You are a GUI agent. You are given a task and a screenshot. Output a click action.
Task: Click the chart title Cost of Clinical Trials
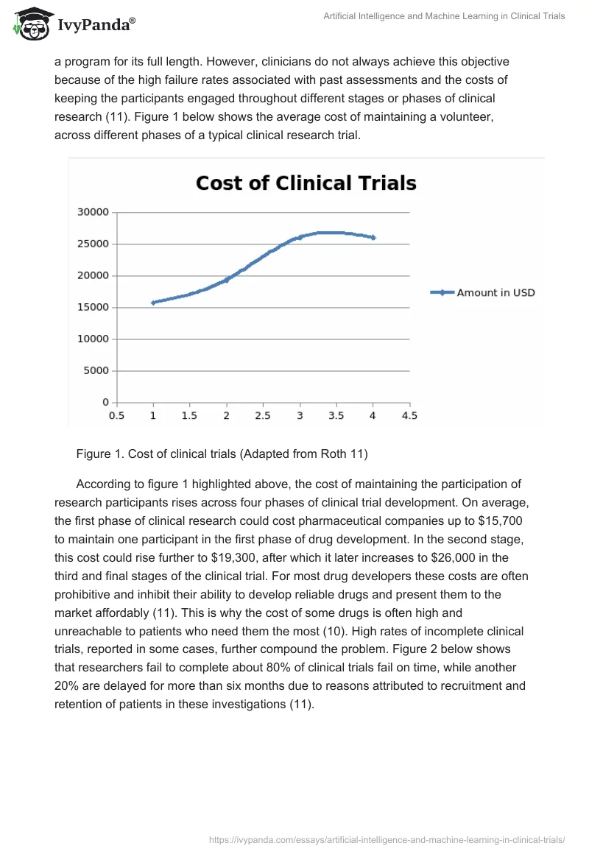(x=306, y=183)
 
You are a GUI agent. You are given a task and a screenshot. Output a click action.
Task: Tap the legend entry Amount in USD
(x=495, y=292)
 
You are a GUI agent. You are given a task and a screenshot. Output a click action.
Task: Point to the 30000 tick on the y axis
(x=94, y=212)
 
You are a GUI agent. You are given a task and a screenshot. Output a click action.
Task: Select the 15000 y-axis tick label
(x=94, y=307)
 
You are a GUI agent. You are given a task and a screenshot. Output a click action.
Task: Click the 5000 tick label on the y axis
(x=96, y=370)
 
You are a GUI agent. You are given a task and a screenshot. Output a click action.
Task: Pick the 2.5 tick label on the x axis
(x=263, y=415)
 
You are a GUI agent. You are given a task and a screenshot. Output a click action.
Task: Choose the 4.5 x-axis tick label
(x=409, y=415)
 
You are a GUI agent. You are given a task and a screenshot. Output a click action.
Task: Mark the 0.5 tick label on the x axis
(x=116, y=415)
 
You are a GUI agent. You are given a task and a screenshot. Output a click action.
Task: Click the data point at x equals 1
(x=153, y=303)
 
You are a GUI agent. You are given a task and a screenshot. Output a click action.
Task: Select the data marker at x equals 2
(x=226, y=280)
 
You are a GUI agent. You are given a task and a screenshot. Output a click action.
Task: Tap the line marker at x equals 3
(x=300, y=238)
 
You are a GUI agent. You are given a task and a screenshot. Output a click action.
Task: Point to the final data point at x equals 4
(x=373, y=238)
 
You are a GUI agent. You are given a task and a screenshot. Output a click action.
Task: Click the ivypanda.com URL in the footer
(x=387, y=839)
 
